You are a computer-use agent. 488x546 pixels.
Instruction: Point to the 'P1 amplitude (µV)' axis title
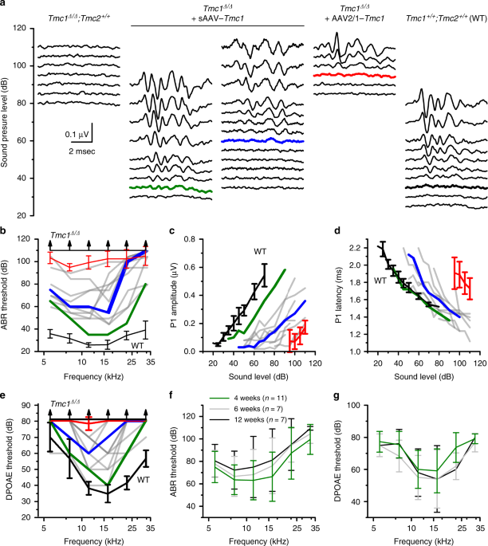[x=178, y=295]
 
